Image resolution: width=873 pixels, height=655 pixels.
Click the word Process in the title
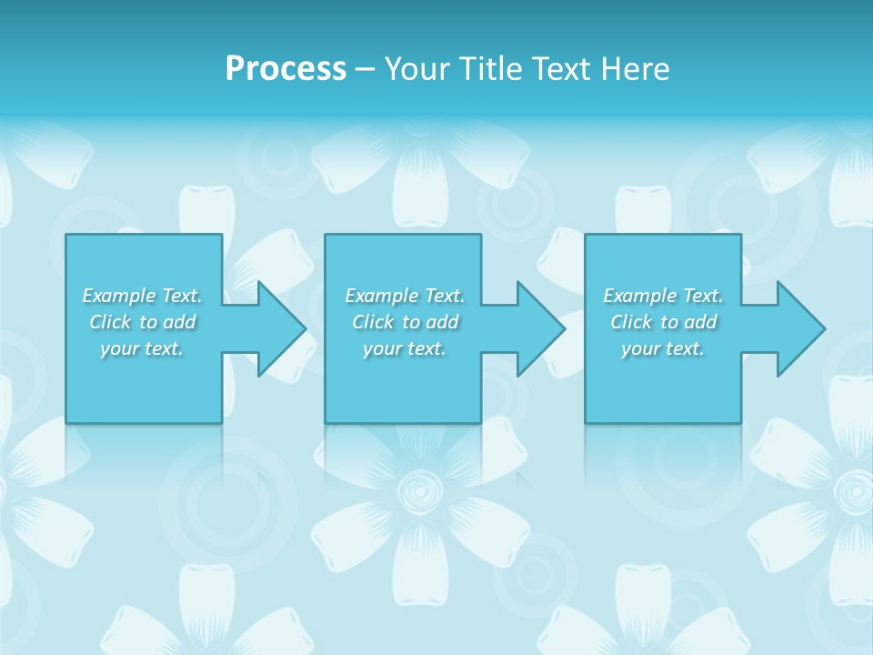click(286, 69)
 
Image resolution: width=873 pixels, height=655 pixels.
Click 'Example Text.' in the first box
click(142, 296)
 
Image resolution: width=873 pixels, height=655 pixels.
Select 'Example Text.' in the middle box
click(405, 296)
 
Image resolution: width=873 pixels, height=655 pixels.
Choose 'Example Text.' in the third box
click(663, 296)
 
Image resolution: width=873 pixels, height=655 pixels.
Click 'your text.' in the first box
click(142, 348)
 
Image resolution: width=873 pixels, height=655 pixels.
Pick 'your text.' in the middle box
click(405, 348)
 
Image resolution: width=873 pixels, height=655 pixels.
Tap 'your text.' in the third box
click(663, 348)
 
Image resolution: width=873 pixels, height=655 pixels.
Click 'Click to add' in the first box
click(142, 322)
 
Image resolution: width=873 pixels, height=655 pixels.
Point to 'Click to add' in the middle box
click(405, 322)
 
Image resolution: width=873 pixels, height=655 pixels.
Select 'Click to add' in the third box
click(663, 322)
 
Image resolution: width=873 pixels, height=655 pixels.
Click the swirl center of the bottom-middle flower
click(420, 492)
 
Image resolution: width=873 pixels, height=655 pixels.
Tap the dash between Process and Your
click(365, 69)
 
